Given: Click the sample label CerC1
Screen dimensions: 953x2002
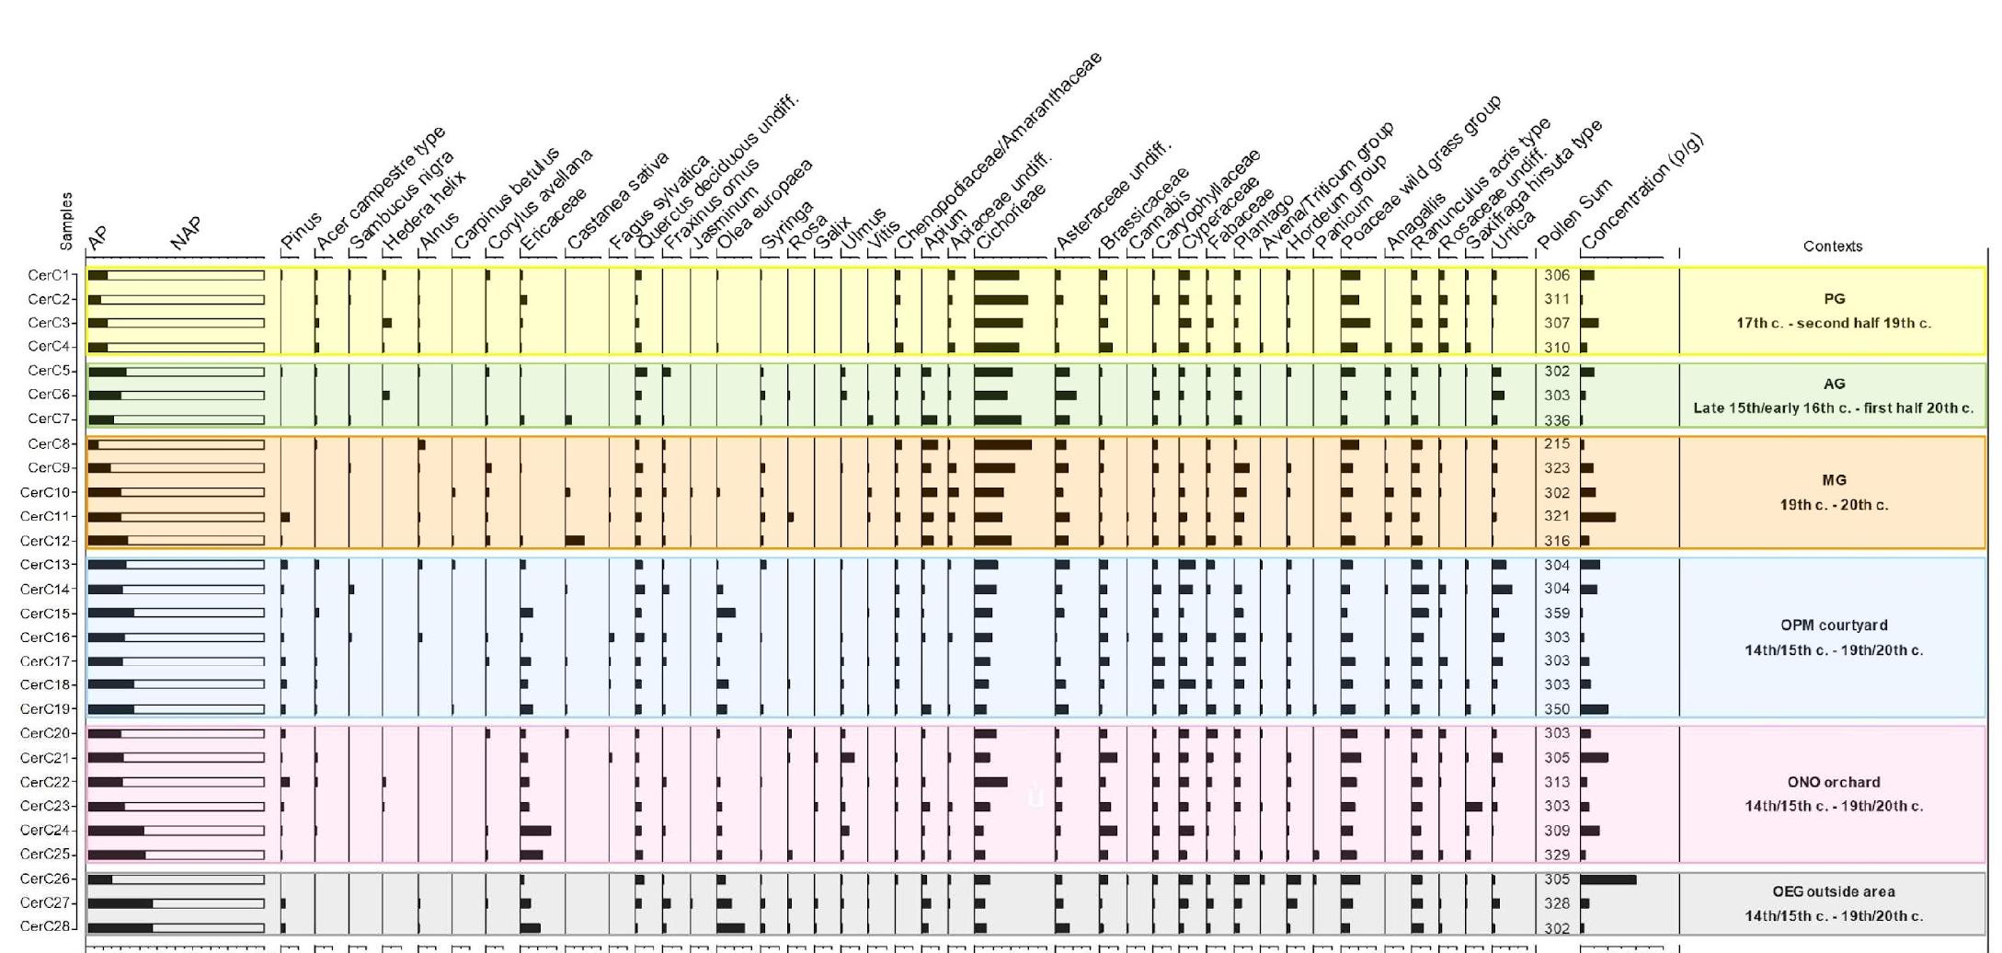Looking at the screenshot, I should coord(48,275).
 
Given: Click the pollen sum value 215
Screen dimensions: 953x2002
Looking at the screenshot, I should coord(1557,443).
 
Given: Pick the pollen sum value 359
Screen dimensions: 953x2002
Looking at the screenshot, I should coord(1557,613).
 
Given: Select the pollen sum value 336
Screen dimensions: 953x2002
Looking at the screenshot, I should coord(1557,420).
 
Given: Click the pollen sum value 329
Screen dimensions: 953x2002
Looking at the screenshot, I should coord(1557,855).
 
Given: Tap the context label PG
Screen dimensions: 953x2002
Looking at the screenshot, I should coord(1834,299).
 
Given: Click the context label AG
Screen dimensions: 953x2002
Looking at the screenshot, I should coord(1834,384).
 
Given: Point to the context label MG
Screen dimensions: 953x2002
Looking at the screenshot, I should coord(1834,480).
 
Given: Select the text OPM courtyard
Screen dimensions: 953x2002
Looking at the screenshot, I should coord(1834,626).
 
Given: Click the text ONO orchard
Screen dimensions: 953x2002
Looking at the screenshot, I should coord(1834,782).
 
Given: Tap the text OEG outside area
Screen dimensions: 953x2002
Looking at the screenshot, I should coord(1834,891).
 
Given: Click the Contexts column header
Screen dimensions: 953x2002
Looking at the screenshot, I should coord(1833,247).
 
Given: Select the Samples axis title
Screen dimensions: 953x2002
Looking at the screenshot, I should coord(66,221).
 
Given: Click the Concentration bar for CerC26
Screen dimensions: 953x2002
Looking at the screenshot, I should coord(1608,879).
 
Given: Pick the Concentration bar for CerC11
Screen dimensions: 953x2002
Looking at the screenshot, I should coord(1598,517).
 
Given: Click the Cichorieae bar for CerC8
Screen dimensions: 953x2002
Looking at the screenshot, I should coord(1002,444).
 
